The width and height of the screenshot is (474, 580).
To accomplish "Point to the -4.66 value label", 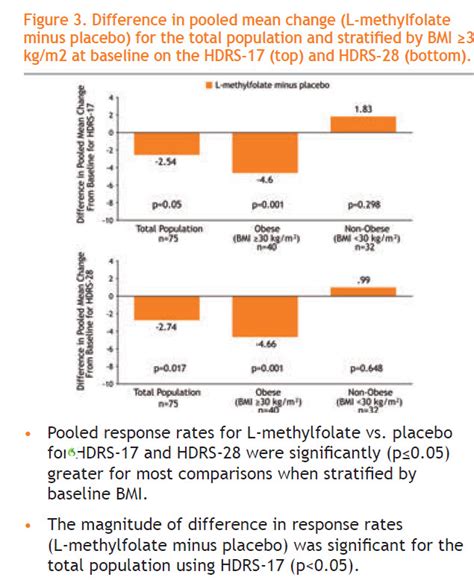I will [265, 343].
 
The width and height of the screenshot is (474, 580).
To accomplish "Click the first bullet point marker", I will [25, 433].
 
